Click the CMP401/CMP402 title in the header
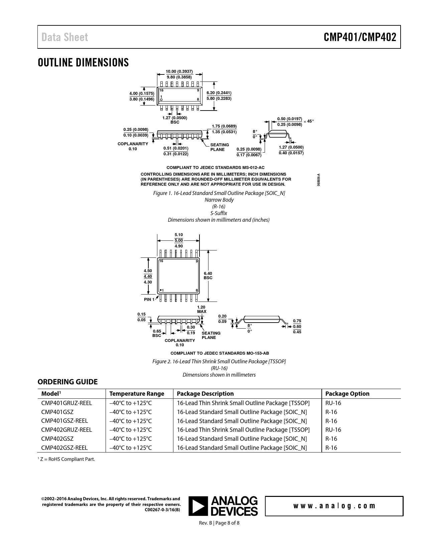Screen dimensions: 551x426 point(360,37)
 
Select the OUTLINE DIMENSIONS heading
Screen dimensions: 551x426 point(83,62)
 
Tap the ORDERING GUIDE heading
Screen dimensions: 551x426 point(67,382)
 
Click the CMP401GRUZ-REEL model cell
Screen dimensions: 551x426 point(66,403)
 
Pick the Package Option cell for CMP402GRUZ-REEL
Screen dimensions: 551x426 point(333,430)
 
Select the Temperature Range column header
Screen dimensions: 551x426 point(137,394)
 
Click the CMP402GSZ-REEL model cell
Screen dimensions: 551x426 point(64,448)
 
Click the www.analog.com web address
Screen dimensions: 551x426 point(334,506)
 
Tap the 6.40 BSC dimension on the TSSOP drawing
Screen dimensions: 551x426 point(208,275)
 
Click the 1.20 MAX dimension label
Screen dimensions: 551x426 point(201,309)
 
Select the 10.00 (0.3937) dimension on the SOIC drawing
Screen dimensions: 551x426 point(179,71)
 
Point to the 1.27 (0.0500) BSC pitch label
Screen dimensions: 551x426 point(175,120)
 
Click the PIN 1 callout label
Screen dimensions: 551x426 point(149,300)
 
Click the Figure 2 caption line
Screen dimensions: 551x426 point(219,361)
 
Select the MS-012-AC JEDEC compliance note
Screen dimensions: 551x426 point(216,167)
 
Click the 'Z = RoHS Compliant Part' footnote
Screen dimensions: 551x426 point(67,459)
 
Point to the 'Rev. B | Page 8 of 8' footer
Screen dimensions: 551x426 point(219,523)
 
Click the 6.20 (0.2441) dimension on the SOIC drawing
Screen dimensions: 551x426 point(219,93)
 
